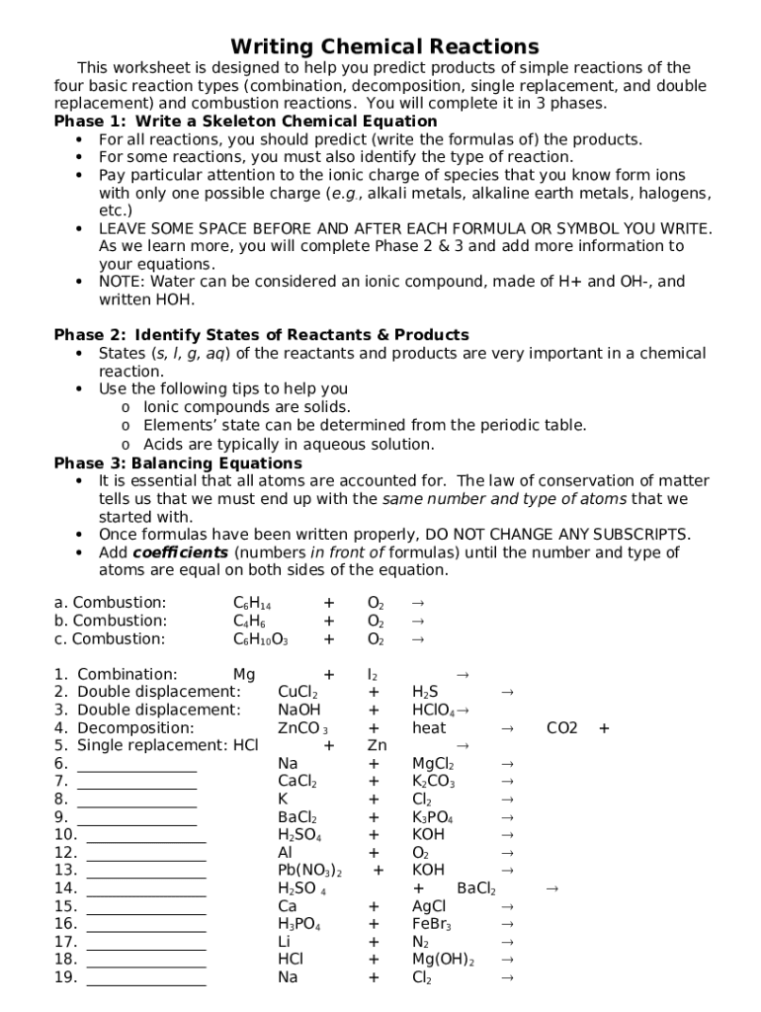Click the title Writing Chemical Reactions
coord(384,46)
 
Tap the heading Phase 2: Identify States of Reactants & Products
coord(261,335)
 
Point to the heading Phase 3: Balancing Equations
coord(178,464)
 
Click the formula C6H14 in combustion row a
coord(252,604)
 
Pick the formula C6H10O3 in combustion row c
coord(260,639)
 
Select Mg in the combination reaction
coord(244,675)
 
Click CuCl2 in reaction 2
coord(297,693)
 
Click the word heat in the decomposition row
coord(429,728)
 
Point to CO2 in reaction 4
coord(562,728)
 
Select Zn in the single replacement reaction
coord(377,746)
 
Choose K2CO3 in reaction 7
coord(433,782)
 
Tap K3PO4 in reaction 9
coord(433,817)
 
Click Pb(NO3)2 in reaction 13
coord(309,871)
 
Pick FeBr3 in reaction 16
coord(431,924)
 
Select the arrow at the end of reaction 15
coord(507,906)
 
